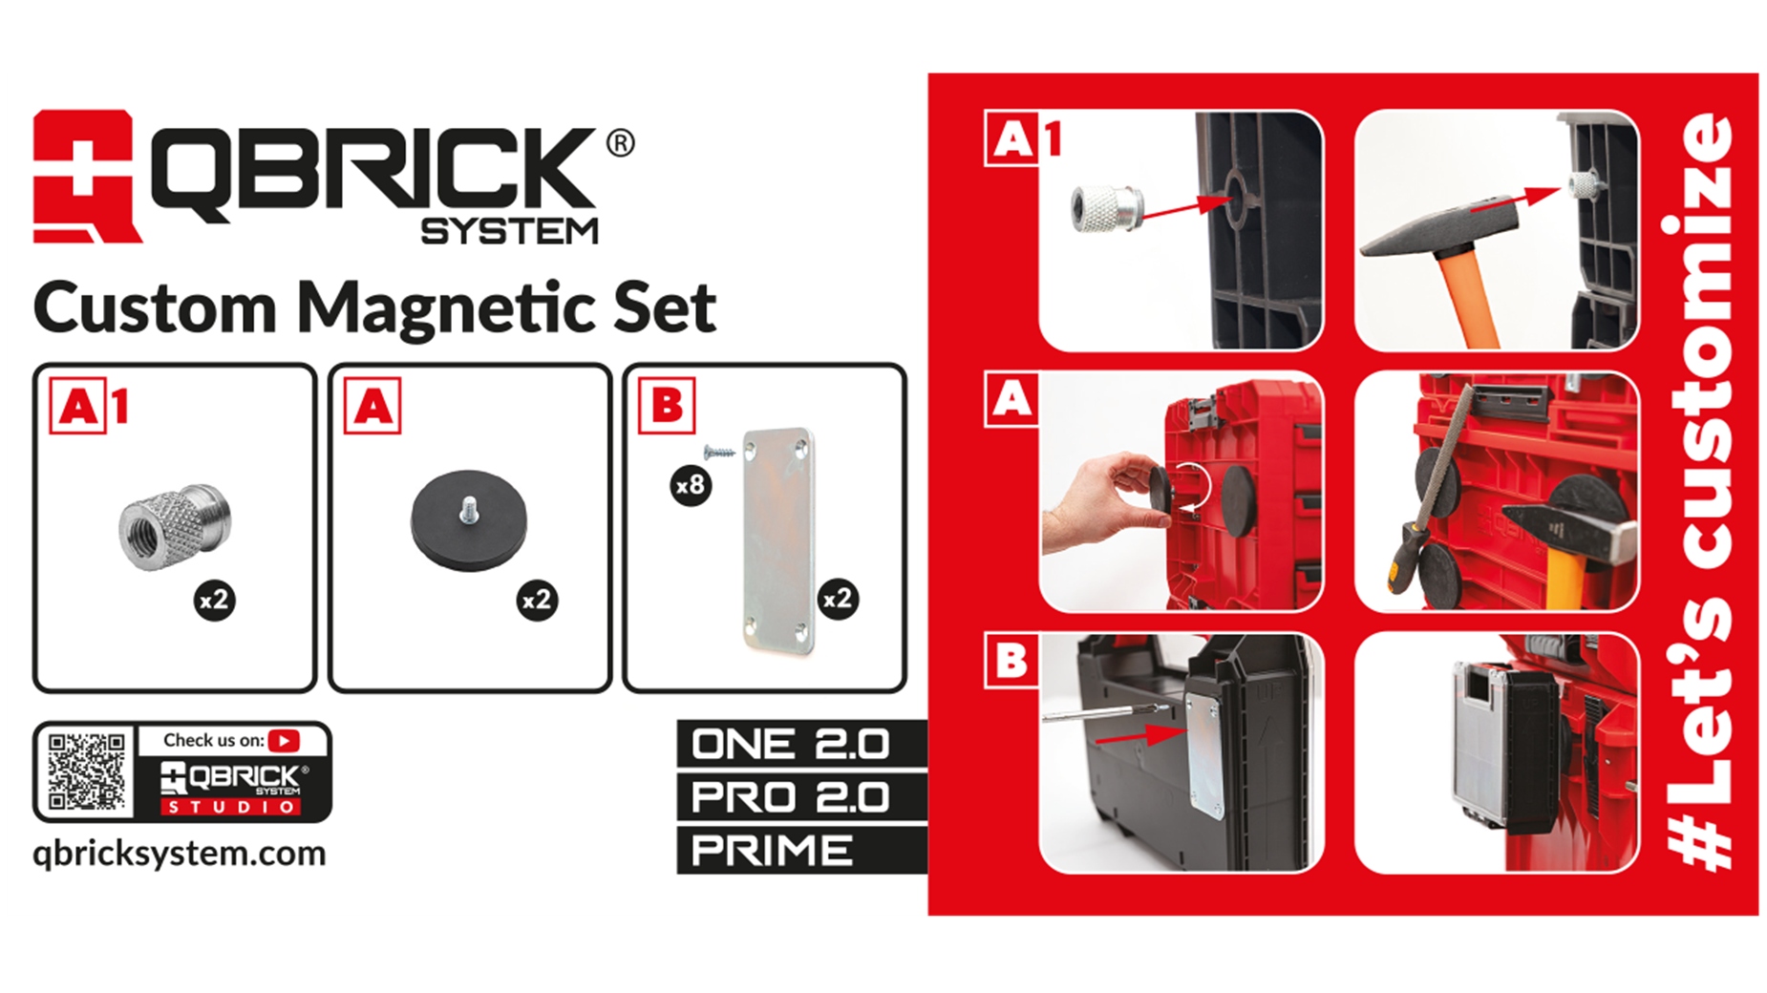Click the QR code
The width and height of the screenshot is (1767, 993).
pyautogui.click(x=86, y=771)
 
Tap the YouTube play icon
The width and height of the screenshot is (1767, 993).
pyautogui.click(x=284, y=740)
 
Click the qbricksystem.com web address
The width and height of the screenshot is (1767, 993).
pyautogui.click(x=180, y=853)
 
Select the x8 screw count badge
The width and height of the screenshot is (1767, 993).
pyautogui.click(x=690, y=486)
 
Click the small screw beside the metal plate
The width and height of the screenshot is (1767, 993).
pyautogui.click(x=718, y=452)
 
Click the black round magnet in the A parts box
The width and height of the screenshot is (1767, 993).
pyautogui.click(x=468, y=519)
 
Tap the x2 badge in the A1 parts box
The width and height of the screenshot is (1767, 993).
pyautogui.click(x=214, y=600)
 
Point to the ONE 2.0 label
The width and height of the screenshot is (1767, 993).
pyautogui.click(x=791, y=744)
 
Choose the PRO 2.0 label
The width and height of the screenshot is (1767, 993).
pyautogui.click(x=791, y=797)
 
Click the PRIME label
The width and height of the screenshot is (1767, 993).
pyautogui.click(x=772, y=850)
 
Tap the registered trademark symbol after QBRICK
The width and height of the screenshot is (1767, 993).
pyautogui.click(x=620, y=143)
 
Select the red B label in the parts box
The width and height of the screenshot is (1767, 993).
pyautogui.click(x=667, y=407)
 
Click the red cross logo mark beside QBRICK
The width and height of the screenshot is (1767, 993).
pyautogui.click(x=84, y=177)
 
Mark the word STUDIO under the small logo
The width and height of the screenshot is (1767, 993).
pyautogui.click(x=229, y=808)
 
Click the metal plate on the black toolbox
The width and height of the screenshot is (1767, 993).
pyautogui.click(x=1203, y=754)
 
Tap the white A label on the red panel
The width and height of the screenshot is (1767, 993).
pyautogui.click(x=1011, y=399)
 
